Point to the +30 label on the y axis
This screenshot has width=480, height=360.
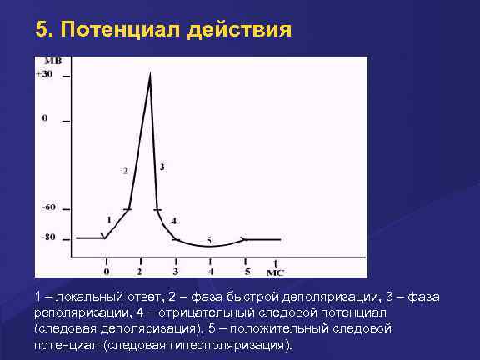(x=44, y=75)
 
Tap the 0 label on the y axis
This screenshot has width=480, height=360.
(x=45, y=119)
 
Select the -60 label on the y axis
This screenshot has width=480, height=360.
(x=48, y=207)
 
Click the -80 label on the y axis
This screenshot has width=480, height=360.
(x=48, y=237)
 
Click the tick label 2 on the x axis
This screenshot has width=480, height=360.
(x=140, y=272)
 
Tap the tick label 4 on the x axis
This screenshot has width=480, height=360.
(x=211, y=272)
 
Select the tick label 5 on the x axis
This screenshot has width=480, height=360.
(x=247, y=272)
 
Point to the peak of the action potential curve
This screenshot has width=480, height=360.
(x=150, y=74)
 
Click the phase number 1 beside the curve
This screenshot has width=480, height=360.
(x=109, y=219)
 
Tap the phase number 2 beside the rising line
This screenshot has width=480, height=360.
(x=125, y=170)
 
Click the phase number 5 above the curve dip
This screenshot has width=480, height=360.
(x=208, y=239)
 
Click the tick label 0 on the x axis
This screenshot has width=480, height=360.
(x=106, y=272)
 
